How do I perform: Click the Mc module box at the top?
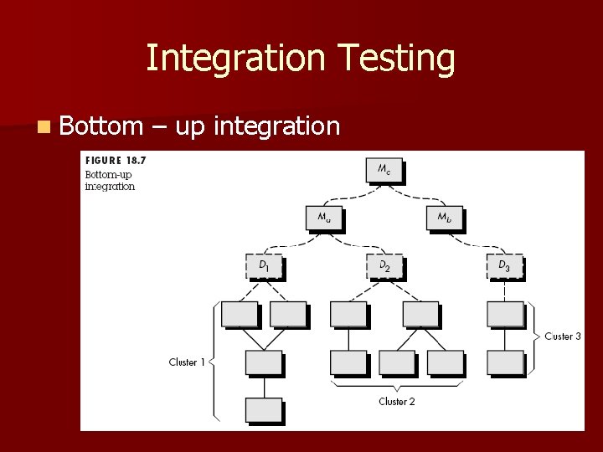click(384, 170)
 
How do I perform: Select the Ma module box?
click(323, 218)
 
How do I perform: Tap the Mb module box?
click(444, 218)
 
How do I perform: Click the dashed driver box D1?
click(264, 266)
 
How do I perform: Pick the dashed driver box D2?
click(384, 266)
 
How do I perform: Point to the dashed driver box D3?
click(504, 266)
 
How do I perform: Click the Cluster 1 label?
click(187, 362)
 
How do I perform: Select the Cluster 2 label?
click(396, 402)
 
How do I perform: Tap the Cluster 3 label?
click(563, 336)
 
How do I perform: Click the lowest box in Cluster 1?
click(264, 410)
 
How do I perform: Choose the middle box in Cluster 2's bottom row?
click(396, 362)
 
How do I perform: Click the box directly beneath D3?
click(505, 314)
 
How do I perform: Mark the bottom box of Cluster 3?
click(505, 362)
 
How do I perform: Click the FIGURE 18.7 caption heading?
click(115, 160)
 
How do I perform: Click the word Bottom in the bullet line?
click(101, 126)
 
